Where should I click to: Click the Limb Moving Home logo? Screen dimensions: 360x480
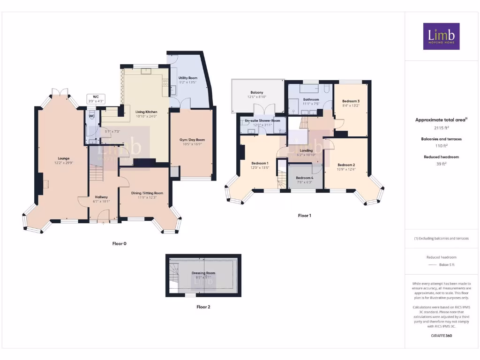click(x=441, y=37)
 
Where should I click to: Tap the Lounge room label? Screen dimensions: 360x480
click(x=64, y=158)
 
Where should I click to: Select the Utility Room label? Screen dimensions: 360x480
click(x=187, y=78)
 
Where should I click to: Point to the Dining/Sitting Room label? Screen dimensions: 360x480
click(x=147, y=193)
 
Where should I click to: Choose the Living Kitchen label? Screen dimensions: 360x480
click(x=146, y=112)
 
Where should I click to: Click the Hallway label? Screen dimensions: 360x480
click(x=101, y=197)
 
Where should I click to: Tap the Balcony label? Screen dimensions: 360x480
click(x=257, y=92)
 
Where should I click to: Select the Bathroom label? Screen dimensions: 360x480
click(x=311, y=99)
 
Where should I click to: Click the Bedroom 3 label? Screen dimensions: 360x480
click(x=351, y=101)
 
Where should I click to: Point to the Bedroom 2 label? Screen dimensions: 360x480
click(x=346, y=165)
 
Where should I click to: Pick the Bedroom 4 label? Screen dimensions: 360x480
click(x=305, y=178)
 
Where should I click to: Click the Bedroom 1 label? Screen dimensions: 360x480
click(x=259, y=163)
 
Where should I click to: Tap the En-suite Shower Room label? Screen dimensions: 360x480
click(x=262, y=120)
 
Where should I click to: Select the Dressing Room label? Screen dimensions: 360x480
click(x=203, y=273)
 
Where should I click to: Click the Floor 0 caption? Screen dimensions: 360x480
click(x=119, y=244)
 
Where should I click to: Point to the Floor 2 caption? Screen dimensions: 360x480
click(x=203, y=307)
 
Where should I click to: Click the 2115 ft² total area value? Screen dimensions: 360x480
click(x=441, y=127)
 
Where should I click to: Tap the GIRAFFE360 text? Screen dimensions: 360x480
click(x=441, y=336)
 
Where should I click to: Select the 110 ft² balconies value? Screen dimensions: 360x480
click(x=441, y=146)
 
